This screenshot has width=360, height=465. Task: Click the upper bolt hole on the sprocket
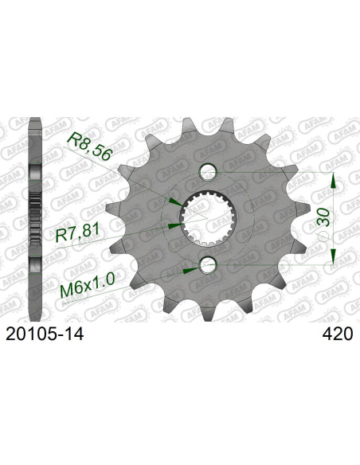coord(209,170)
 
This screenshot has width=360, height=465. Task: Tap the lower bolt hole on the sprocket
coord(209,264)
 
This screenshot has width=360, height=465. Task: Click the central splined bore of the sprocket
coord(208,217)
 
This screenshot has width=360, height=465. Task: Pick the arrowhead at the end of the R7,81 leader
coord(174,225)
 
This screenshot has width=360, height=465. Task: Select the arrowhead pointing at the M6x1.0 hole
coord(189,270)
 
